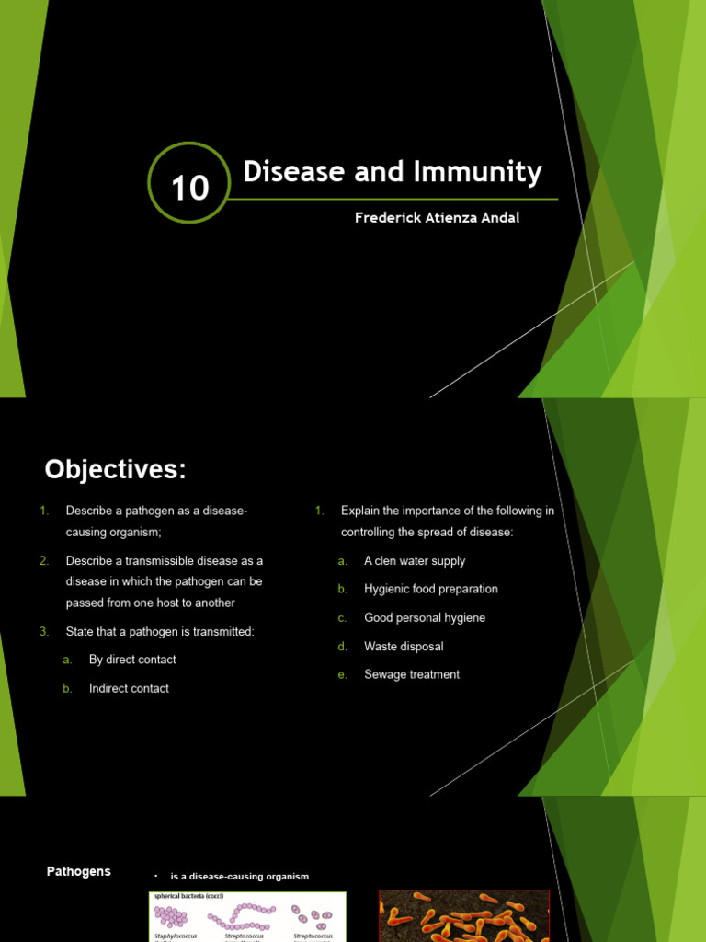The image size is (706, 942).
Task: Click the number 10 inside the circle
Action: [x=189, y=188]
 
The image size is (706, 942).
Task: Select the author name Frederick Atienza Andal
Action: [x=438, y=218]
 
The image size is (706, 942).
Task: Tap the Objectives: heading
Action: [x=116, y=470]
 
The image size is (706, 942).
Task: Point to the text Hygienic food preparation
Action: [x=430, y=589]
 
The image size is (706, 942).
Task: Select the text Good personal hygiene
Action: [x=424, y=617]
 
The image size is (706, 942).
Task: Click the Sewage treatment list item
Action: [x=411, y=674]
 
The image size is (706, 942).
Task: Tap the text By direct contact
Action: [x=132, y=660]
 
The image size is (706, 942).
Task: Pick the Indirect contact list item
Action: [x=129, y=688]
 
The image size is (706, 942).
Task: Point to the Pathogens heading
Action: [x=79, y=871]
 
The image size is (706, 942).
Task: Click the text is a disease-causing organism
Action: [x=239, y=877]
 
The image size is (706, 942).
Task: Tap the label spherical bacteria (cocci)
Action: [x=188, y=895]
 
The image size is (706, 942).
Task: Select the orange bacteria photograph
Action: [x=463, y=916]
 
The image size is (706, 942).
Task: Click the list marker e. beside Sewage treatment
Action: [x=342, y=674]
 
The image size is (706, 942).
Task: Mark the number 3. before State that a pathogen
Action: [x=43, y=631]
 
